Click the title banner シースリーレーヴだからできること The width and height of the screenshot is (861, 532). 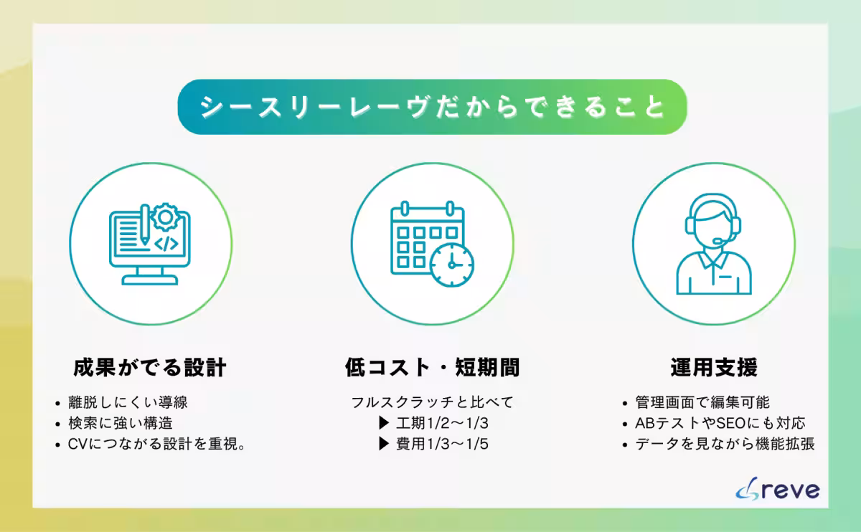(x=432, y=107)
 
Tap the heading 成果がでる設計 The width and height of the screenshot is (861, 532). (x=150, y=368)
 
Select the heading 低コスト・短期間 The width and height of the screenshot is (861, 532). (x=432, y=368)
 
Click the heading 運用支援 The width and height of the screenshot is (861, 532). (x=713, y=368)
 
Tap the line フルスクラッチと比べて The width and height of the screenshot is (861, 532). (x=432, y=402)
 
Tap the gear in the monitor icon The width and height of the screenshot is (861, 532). (x=166, y=217)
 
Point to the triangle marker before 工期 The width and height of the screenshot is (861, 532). (x=384, y=423)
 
